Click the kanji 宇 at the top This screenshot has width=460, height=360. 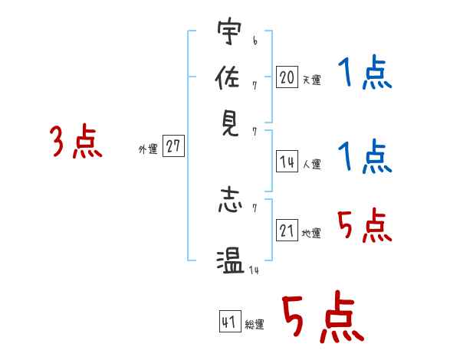[229, 31]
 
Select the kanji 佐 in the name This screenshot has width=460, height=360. [228, 77]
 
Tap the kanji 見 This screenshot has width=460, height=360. [230, 123]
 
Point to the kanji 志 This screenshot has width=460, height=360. [230, 201]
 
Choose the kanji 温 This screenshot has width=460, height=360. [230, 261]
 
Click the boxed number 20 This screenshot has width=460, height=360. [287, 77]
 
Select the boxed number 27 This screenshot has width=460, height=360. [173, 146]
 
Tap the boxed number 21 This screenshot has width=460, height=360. [287, 230]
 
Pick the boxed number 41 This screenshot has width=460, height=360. [230, 321]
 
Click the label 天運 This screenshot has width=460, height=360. [312, 80]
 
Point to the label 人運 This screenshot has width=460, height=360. [312, 164]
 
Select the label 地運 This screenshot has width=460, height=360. [311, 233]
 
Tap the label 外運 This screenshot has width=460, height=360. [148, 149]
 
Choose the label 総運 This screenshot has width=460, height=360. [255, 324]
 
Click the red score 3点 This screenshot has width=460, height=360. [76, 141]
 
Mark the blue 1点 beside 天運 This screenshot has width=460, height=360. [365, 72]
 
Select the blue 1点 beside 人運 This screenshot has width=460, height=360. [365, 156]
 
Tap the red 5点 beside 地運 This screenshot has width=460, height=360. [365, 225]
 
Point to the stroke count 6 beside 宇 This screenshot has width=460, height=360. [255, 41]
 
